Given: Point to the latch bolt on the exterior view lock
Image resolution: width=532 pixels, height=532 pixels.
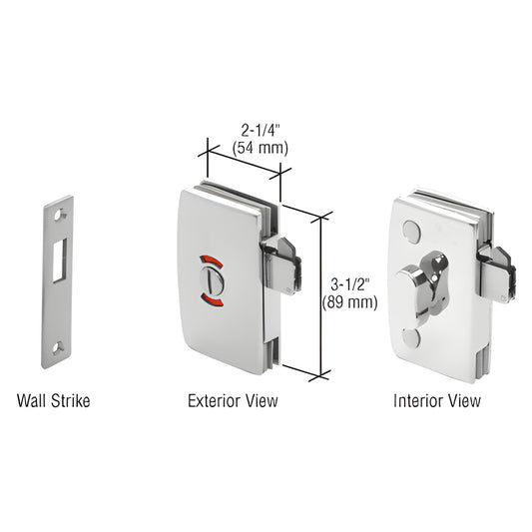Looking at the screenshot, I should pos(282,263).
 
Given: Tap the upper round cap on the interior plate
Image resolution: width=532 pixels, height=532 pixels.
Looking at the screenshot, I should pos(412,232).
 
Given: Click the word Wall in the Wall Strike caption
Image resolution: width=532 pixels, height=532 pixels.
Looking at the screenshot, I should pos(33,401).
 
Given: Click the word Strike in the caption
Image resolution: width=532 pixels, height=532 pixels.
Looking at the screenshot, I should pos(71,401).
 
